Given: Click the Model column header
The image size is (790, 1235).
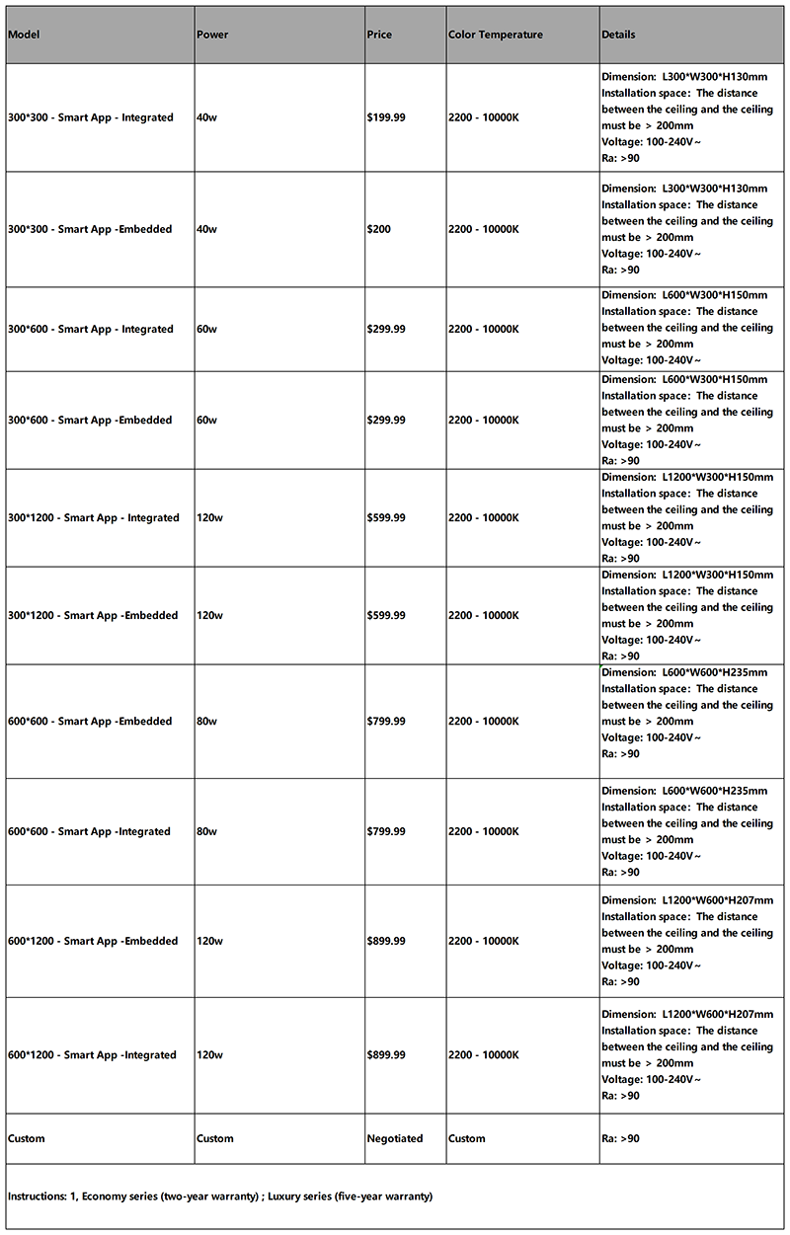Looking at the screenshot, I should tap(23, 35).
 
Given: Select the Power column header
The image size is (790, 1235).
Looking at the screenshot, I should tap(212, 35).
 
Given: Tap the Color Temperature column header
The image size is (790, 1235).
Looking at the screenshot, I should tap(495, 35).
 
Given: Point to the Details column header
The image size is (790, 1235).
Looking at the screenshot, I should tap(618, 35).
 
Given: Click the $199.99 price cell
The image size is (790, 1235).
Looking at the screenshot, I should tap(385, 117).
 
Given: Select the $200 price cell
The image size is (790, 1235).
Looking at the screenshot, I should tap(378, 229).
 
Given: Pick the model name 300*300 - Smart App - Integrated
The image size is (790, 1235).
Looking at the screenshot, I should tap(90, 117).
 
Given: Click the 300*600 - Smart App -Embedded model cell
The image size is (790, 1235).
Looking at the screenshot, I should tap(90, 420).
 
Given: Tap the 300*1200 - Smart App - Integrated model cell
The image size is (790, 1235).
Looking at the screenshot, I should tap(94, 517).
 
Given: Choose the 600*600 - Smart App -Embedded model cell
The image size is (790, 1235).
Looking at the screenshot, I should tap(90, 721).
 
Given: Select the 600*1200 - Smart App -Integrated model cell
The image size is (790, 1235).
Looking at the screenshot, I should tap(92, 1054).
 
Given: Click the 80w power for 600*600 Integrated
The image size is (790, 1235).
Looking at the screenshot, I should tap(206, 831).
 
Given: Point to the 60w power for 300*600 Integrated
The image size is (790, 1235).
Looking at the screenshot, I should tap(206, 329).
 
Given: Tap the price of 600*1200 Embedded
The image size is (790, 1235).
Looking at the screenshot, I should tap(385, 941).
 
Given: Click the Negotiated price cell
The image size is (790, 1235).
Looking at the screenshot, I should tap(394, 1138).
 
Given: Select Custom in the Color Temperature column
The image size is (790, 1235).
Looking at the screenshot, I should tap(466, 1138).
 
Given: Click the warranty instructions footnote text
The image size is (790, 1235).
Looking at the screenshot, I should tap(220, 1196).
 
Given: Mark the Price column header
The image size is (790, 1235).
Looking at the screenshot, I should tap(378, 35).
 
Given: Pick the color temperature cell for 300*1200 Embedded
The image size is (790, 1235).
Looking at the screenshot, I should tap(483, 615).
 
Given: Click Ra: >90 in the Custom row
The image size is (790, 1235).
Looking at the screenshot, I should tap(620, 1138).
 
